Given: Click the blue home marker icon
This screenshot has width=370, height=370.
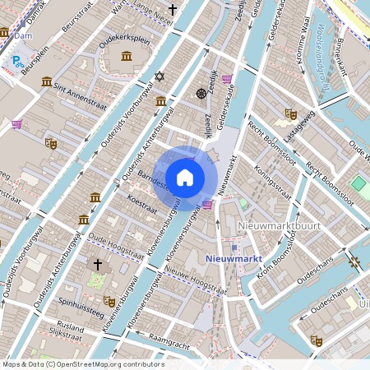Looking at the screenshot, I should [x=185, y=178].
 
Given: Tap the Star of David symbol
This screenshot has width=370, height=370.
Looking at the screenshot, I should [x=160, y=76].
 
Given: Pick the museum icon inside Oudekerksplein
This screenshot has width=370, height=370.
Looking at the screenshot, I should [x=126, y=55].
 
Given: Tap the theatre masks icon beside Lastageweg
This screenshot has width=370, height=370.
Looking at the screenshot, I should [x=289, y=113].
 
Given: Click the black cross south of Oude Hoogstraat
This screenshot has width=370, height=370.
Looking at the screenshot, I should [x=97, y=265].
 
